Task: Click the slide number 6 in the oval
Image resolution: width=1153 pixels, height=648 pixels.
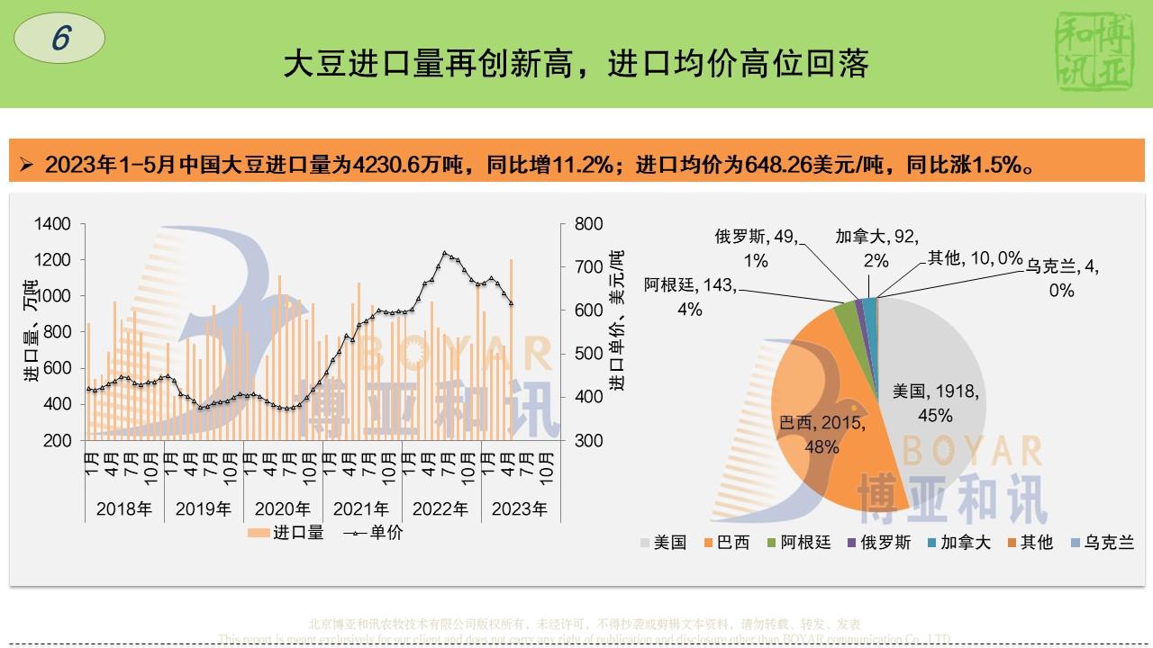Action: click(60, 40)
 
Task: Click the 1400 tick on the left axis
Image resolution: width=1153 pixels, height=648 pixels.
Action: click(53, 223)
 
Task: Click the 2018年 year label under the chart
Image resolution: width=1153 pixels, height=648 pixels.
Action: click(124, 509)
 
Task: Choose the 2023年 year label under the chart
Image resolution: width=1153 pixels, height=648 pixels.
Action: click(520, 509)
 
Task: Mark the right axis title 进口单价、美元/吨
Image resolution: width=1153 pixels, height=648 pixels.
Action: click(617, 319)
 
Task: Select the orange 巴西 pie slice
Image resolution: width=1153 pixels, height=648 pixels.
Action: click(811, 396)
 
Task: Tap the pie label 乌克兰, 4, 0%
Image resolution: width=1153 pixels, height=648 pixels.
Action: click(1062, 278)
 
